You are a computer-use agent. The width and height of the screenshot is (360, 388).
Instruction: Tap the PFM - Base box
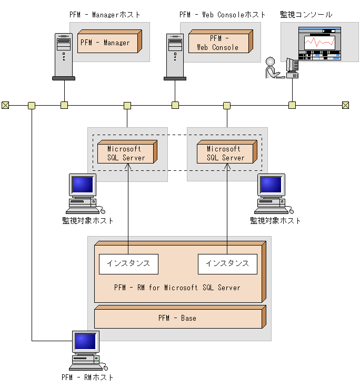[178, 318]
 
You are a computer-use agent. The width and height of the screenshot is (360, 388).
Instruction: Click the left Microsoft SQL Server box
[126, 153]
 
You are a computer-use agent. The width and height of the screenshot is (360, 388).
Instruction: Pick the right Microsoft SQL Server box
[226, 153]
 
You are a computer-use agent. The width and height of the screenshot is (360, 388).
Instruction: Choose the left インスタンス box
[128, 263]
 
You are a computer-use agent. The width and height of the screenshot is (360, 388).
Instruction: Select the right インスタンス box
[227, 263]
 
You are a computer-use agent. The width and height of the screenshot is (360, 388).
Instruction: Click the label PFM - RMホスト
[87, 377]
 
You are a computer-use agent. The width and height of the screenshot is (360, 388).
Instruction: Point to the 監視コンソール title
[306, 15]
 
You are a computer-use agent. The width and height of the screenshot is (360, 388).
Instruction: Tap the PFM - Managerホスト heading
[105, 15]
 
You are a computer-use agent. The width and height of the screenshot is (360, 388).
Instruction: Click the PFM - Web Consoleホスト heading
[223, 15]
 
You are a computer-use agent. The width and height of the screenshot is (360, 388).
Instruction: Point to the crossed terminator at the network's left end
[5, 105]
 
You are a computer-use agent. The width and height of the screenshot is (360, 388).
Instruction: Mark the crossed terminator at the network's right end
[346, 105]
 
